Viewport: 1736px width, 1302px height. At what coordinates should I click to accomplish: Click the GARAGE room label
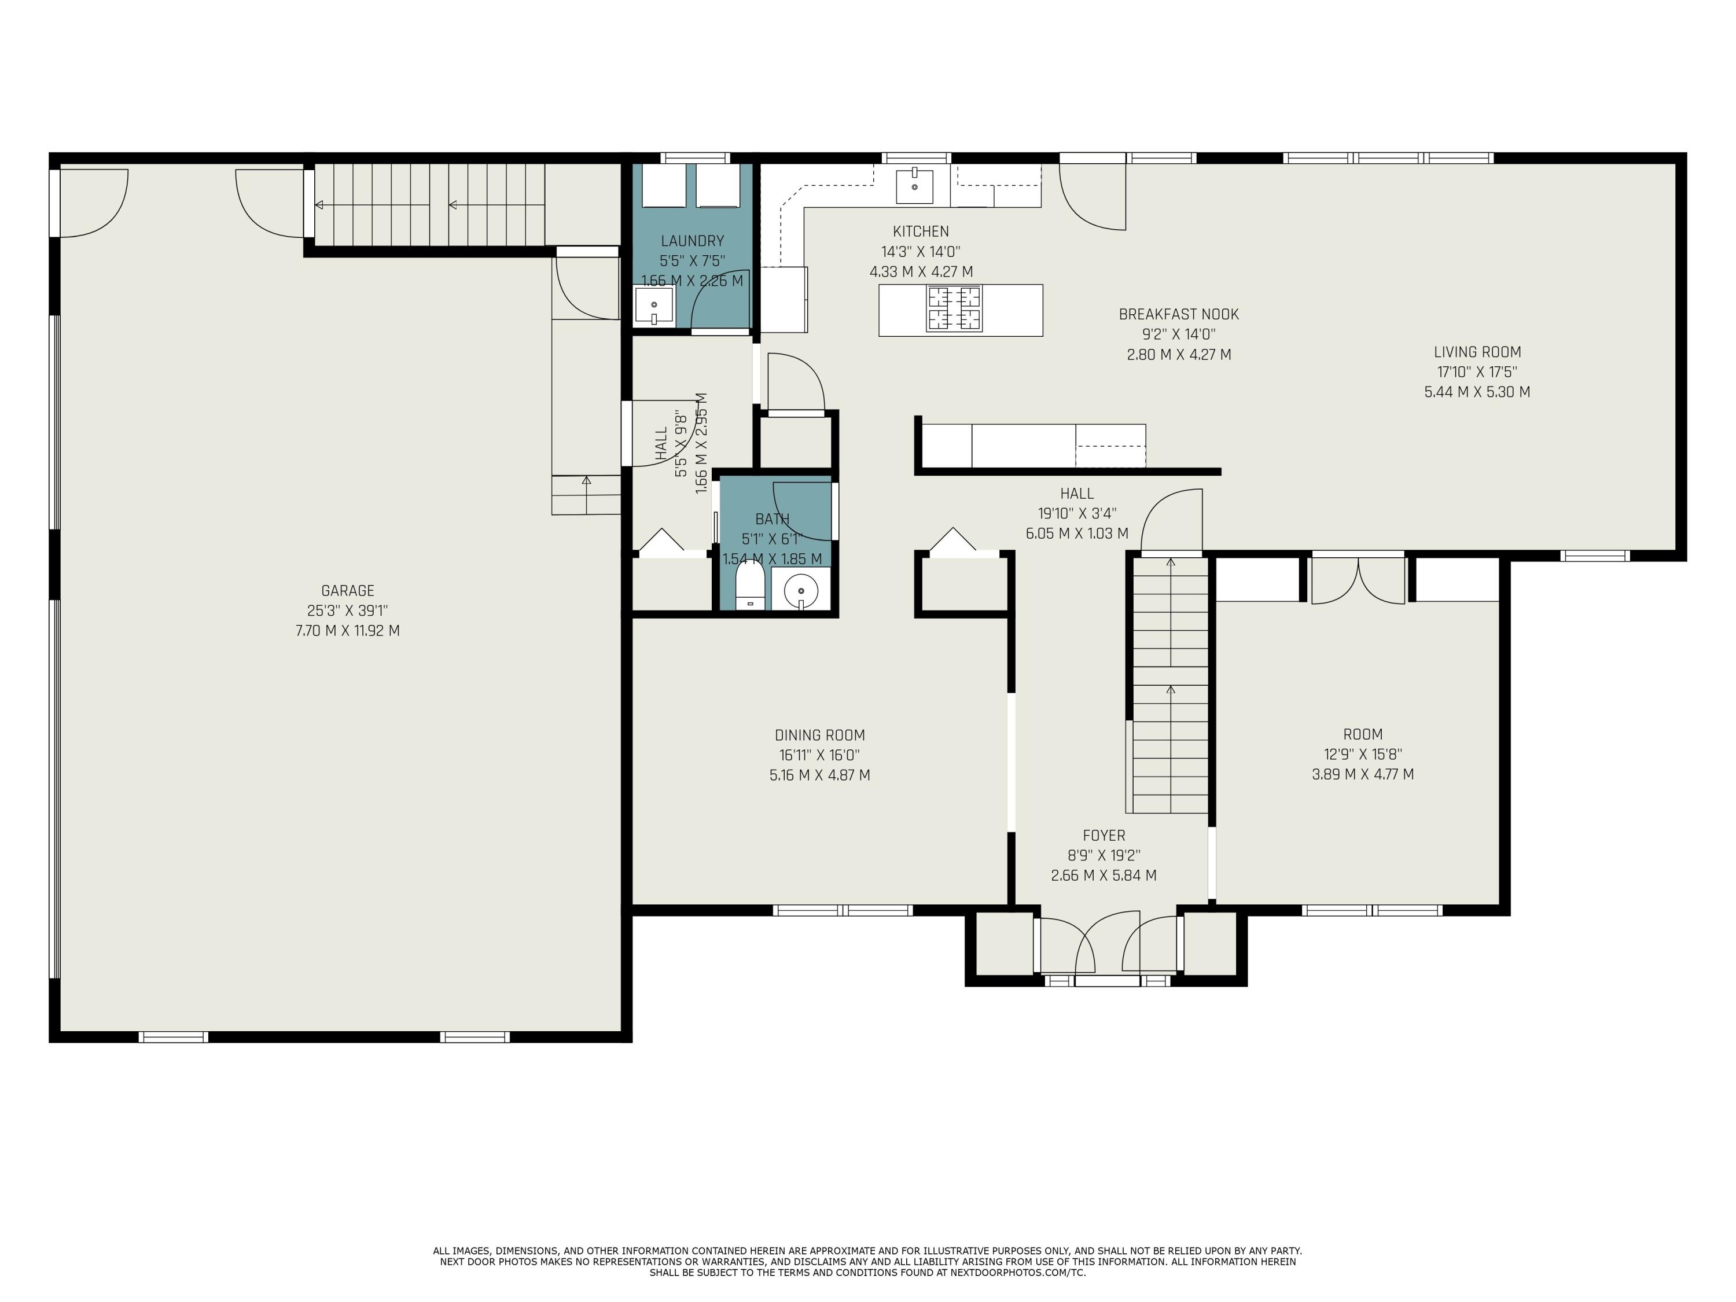[348, 590]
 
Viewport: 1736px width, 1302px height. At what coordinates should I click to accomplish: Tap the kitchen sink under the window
[914, 186]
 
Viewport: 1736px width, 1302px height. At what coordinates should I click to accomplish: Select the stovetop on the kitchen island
[954, 308]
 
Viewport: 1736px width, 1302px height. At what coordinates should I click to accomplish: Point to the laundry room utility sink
[654, 306]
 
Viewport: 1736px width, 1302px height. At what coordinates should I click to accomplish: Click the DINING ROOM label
[819, 735]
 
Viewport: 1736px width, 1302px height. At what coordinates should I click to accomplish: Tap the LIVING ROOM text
[1477, 352]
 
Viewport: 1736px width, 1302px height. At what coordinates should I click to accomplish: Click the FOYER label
[1104, 836]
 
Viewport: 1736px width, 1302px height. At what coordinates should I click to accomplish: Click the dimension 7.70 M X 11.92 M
[348, 630]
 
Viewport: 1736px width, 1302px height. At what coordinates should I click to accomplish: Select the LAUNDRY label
[692, 241]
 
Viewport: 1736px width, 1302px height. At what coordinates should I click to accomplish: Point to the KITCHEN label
[921, 231]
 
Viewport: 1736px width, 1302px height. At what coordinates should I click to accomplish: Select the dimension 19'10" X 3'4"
[1077, 513]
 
